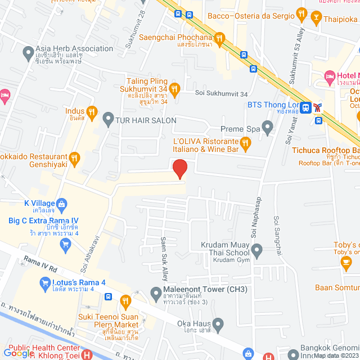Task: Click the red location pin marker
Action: click(x=179, y=169)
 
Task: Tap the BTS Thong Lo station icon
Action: click(x=305, y=107)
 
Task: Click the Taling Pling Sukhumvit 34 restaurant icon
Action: click(x=175, y=88)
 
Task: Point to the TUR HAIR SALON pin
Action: click(x=108, y=119)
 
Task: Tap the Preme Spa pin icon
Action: click(x=268, y=129)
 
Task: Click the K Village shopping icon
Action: click(x=62, y=203)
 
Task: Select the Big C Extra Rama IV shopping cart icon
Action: click(x=66, y=244)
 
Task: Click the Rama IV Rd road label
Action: click(x=40, y=264)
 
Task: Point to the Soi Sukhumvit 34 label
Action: click(x=221, y=93)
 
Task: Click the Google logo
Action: click(x=19, y=353)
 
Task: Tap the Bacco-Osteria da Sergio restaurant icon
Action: click(x=301, y=13)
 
